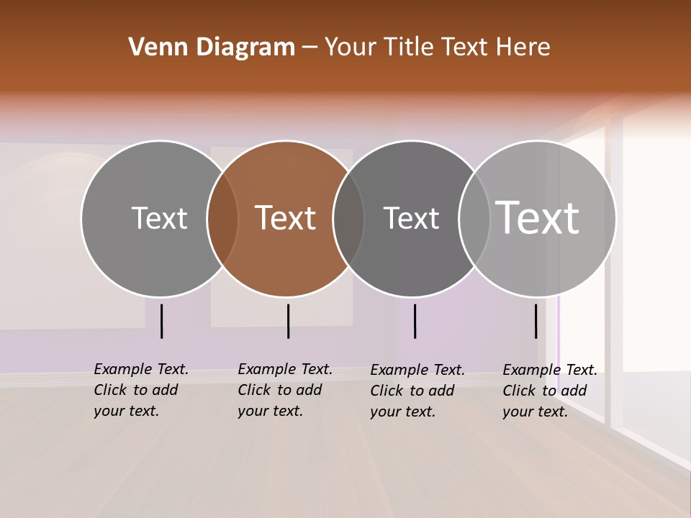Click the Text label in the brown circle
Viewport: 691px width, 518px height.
point(286,218)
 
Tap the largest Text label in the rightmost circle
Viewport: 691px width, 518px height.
point(538,217)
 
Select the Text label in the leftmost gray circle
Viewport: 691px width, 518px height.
point(160,218)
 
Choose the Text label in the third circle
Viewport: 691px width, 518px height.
point(411,218)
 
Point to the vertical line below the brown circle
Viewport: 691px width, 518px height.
point(288,321)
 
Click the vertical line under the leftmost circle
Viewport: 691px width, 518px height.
point(162,321)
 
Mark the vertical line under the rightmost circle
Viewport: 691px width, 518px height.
point(536,321)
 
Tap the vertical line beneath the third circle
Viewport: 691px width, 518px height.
point(415,321)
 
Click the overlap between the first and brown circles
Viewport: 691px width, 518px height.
point(222,218)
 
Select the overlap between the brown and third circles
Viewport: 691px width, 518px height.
point(348,218)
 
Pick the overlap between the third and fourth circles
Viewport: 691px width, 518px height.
point(474,218)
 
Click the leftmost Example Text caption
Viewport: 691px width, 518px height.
point(140,390)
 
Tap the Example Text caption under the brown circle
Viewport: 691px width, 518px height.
point(284,390)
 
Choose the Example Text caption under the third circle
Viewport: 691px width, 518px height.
point(417,391)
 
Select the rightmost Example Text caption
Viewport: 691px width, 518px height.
point(549,391)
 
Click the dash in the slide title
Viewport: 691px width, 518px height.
point(310,47)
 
